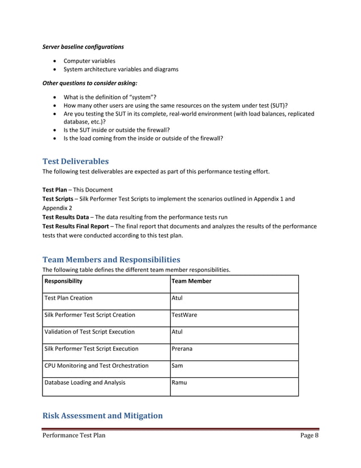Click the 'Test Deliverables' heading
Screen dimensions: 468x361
click(x=76, y=161)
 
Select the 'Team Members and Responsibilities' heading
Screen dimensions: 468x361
click(x=111, y=259)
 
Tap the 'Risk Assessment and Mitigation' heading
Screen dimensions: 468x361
click(x=102, y=416)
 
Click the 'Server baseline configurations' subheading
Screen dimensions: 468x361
click(x=83, y=46)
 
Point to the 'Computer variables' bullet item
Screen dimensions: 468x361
click(x=89, y=61)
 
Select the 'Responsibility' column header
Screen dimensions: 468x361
click(x=63, y=280)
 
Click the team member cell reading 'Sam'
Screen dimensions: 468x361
click(x=177, y=365)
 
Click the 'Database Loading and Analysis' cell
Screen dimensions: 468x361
click(x=84, y=382)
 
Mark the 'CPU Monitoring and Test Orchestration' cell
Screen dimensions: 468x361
click(x=96, y=365)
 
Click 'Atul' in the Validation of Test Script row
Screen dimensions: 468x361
click(x=177, y=331)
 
